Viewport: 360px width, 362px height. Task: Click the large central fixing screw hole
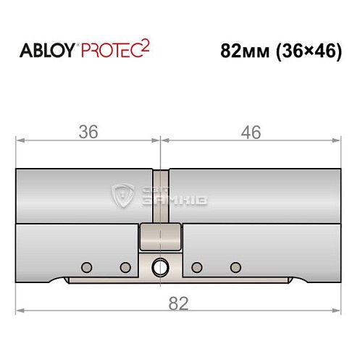[x=160, y=267]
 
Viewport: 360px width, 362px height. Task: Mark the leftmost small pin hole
[x=87, y=266]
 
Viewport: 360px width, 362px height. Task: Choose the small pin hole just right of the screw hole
[x=196, y=266]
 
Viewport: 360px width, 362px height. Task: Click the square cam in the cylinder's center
[x=160, y=235]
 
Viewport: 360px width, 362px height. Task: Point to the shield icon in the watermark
[x=122, y=195]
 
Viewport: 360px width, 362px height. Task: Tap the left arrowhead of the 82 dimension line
[x=20, y=311]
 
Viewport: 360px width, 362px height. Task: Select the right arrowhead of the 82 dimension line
[x=337, y=311]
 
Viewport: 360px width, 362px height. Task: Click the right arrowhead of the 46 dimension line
[x=337, y=140]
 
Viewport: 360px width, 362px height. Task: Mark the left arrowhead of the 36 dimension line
[x=20, y=140]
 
